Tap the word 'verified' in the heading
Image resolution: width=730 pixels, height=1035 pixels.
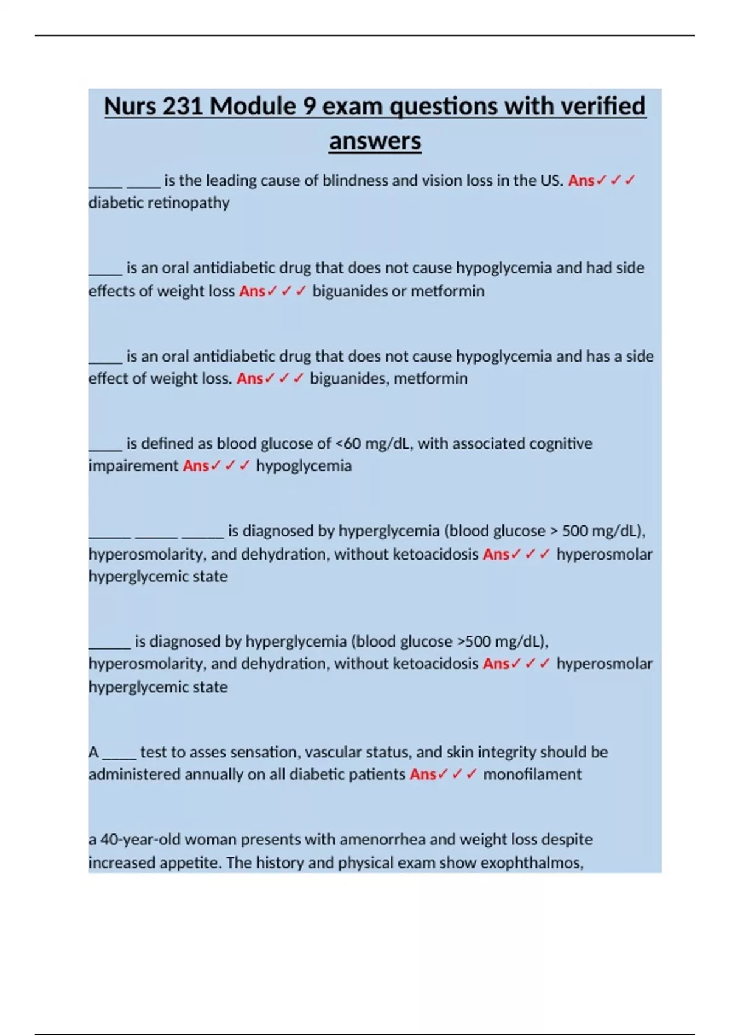[602, 107]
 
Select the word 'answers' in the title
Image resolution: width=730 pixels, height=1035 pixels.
[375, 141]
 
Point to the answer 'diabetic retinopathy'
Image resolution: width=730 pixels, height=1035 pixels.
[159, 203]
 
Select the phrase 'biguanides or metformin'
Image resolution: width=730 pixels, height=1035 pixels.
[398, 291]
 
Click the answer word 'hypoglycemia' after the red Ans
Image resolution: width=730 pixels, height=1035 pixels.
[304, 466]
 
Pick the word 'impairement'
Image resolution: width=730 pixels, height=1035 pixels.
[133, 466]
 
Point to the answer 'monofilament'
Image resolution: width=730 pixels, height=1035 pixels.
[532, 774]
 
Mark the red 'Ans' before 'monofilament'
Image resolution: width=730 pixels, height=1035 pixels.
[423, 774]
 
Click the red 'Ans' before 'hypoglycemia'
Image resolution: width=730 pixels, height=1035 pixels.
[195, 466]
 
